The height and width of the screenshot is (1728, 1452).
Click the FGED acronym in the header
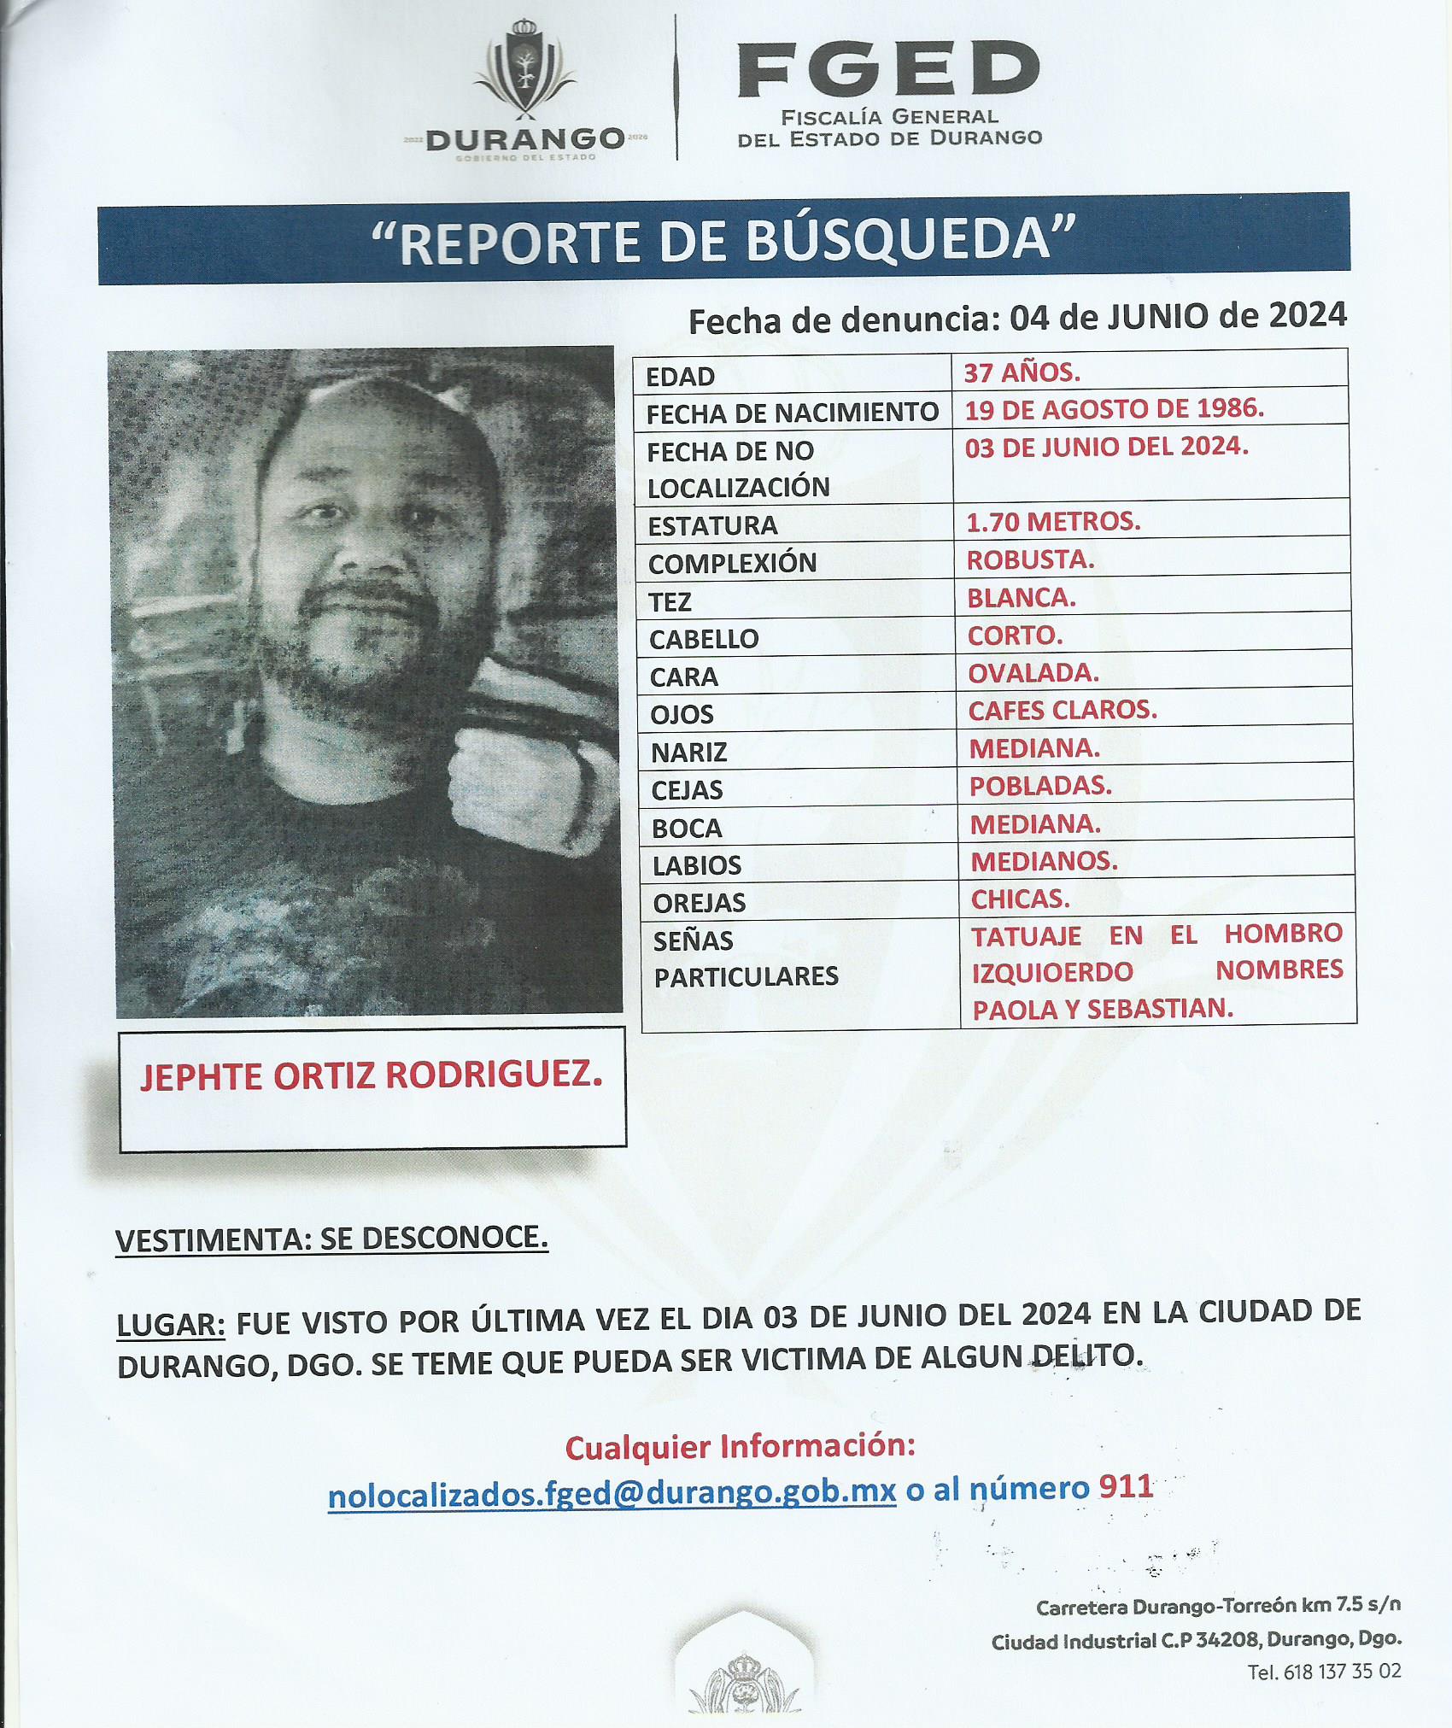pyautogui.click(x=888, y=70)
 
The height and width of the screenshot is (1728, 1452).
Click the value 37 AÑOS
pyautogui.click(x=1022, y=372)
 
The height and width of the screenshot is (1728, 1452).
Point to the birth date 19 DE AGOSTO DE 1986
pyautogui.click(x=1114, y=409)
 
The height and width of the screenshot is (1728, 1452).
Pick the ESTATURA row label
pyautogui.click(x=712, y=525)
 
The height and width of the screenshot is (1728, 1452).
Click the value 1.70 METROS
pyautogui.click(x=1052, y=521)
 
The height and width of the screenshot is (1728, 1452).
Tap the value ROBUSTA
pyautogui.click(x=1030, y=559)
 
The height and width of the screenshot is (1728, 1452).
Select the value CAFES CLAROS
pyautogui.click(x=1062, y=710)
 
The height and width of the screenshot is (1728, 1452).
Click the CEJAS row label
pyautogui.click(x=687, y=790)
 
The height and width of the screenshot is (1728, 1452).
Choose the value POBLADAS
pyautogui.click(x=1039, y=786)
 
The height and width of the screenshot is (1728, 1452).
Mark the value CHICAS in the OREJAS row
pyautogui.click(x=1020, y=899)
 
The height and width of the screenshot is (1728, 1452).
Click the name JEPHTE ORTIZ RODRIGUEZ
pyautogui.click(x=372, y=1076)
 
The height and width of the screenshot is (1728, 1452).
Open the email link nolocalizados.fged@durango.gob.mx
pyautogui.click(x=612, y=1493)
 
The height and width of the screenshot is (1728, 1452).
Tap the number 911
pyautogui.click(x=1126, y=1487)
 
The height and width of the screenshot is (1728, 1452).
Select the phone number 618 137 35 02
pyautogui.click(x=1341, y=1672)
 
